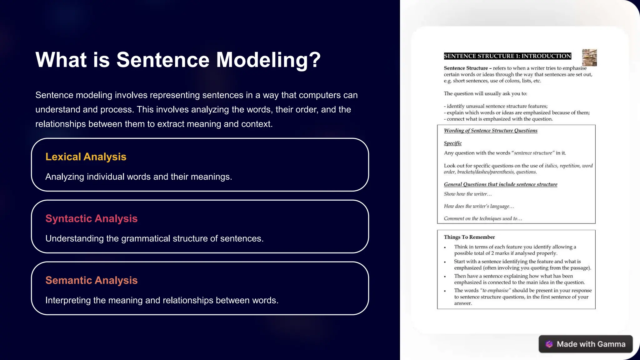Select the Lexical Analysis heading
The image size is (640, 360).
[x=86, y=157]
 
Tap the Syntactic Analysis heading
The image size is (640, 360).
[x=91, y=218]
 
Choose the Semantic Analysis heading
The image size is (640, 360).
[x=91, y=280]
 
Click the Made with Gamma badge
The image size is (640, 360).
[x=585, y=344]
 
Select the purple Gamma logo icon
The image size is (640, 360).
[x=549, y=344]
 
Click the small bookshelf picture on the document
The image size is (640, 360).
[x=589, y=57]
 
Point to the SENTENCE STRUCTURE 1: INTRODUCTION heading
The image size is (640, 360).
[x=507, y=56]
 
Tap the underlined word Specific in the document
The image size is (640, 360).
[x=452, y=143]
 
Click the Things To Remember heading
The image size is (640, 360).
[x=469, y=237]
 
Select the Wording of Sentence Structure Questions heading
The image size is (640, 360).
[x=490, y=131]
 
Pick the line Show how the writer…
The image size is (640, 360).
[x=467, y=194]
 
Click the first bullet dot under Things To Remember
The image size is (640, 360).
[x=445, y=247]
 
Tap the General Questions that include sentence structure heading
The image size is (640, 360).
[x=500, y=184]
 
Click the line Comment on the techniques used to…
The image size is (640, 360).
[x=483, y=219]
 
